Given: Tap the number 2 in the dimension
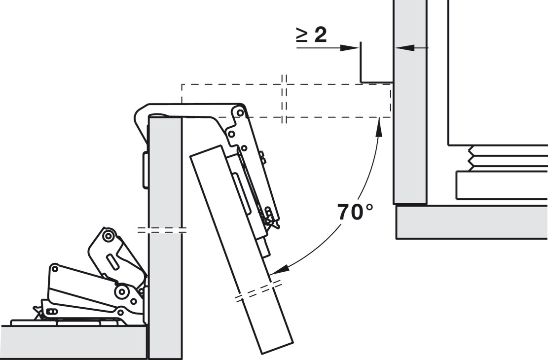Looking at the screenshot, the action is (x=321, y=35).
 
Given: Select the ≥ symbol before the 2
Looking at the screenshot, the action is (x=303, y=35).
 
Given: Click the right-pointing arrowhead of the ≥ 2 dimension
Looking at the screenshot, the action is (x=350, y=48).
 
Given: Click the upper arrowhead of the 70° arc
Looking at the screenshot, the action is (x=378, y=128).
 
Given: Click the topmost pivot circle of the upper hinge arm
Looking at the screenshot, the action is (x=239, y=113).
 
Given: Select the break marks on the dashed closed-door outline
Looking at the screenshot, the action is (x=284, y=99).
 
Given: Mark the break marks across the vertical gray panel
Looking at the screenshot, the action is (x=161, y=230).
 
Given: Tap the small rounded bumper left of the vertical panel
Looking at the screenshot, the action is (x=145, y=170).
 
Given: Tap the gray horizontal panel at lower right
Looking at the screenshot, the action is (x=472, y=222).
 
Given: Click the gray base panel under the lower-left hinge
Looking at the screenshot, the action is (x=73, y=342).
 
